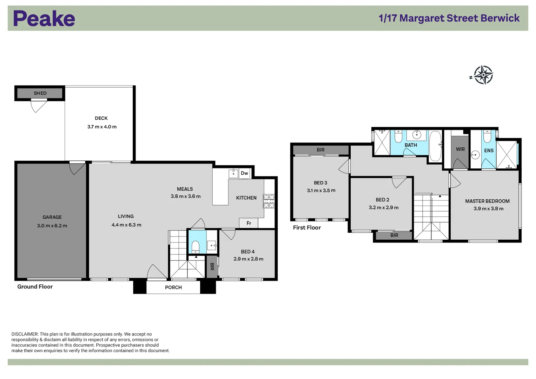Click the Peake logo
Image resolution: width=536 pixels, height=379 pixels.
[x=44, y=19]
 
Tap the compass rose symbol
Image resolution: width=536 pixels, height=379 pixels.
[x=483, y=75]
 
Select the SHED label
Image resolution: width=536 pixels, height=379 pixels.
[x=40, y=93]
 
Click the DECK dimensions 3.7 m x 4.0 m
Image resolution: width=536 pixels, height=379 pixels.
[x=102, y=127]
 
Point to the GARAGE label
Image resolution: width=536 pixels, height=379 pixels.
[x=52, y=217]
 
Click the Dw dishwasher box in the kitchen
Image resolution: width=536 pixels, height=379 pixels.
[x=244, y=173]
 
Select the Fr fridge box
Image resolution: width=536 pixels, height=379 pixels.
[x=249, y=223]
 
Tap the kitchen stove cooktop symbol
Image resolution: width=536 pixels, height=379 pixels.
[x=269, y=201]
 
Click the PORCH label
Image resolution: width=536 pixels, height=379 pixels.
[x=173, y=287]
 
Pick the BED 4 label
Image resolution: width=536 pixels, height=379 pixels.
[x=248, y=252]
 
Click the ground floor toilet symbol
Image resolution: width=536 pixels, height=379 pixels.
[x=196, y=246]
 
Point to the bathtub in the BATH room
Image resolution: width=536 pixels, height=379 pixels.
[x=435, y=146]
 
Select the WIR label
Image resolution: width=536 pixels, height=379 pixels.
[x=460, y=149]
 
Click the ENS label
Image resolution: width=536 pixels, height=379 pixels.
[x=489, y=151]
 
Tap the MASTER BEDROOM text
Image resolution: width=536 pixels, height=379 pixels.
[x=487, y=201]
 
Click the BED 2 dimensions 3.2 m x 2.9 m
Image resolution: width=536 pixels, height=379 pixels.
[x=383, y=207]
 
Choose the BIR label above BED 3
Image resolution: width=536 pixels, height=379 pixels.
[x=320, y=150]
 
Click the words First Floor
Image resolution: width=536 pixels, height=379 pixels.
[x=307, y=228]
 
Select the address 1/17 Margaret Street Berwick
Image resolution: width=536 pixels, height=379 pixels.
[x=449, y=18]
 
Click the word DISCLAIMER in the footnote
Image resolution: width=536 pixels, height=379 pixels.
[x=25, y=334]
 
